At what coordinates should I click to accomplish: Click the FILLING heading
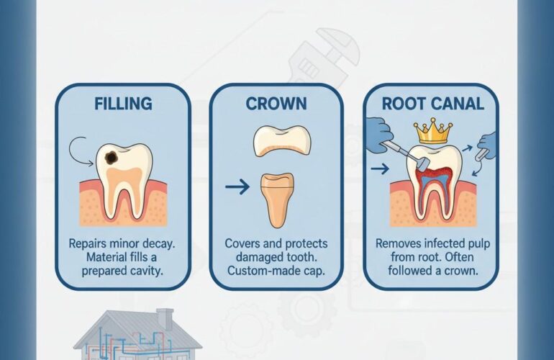(123, 103)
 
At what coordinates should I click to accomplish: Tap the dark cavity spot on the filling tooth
(113, 156)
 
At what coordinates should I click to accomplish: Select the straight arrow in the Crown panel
(235, 189)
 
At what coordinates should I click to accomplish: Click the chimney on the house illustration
(165, 317)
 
